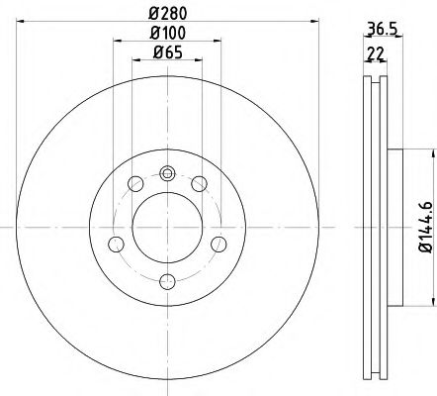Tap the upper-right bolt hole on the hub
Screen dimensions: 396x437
coord(199,182)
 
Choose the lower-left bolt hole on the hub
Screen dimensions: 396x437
coord(115,245)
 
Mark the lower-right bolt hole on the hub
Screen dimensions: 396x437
coord(218,245)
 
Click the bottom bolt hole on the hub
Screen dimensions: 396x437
coord(166,282)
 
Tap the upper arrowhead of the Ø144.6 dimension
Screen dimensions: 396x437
coord(430,151)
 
